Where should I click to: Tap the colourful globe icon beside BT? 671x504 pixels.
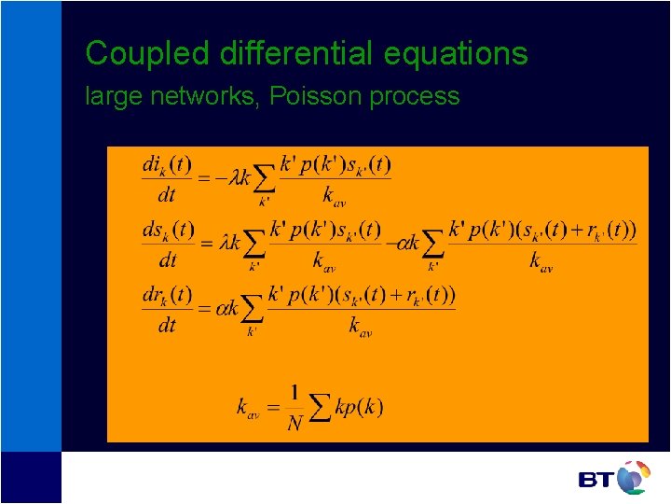coord(633,477)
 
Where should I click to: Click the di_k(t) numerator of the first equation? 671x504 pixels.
coord(167,166)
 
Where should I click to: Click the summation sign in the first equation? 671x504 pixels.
coord(264,178)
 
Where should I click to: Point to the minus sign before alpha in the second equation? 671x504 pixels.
coord(390,243)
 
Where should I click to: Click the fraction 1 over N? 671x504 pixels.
coord(295,409)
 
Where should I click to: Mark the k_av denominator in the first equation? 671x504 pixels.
coord(334,195)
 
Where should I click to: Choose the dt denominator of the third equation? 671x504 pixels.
coord(167,325)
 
